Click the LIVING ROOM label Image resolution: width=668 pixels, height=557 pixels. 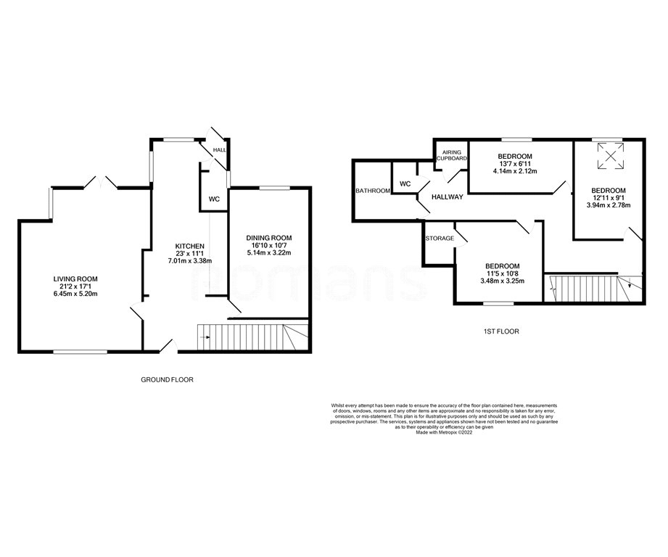(x=75, y=278)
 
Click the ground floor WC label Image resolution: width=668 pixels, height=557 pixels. (x=214, y=199)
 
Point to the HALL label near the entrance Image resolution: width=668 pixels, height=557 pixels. (x=219, y=150)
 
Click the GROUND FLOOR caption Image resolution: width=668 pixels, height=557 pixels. (x=168, y=379)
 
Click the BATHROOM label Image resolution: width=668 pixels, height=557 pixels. (x=373, y=191)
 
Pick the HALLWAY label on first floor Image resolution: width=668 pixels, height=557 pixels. (x=447, y=197)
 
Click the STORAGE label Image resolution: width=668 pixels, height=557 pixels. (x=440, y=239)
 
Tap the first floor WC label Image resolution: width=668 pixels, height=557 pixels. (x=405, y=184)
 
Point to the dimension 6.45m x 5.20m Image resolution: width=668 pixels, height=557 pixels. (x=75, y=294)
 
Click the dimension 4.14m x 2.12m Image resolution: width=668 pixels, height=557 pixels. (x=515, y=172)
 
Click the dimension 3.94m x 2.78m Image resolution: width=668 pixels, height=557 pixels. (x=608, y=205)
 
